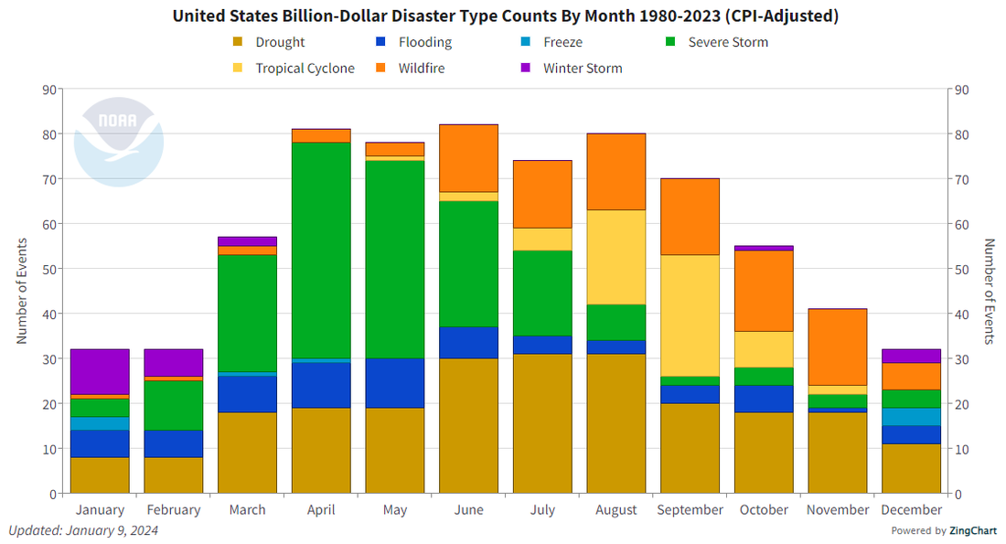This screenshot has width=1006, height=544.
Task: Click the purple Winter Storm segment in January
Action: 100,372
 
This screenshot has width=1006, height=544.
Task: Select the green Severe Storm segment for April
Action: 321,250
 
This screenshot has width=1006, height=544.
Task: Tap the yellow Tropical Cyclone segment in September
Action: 690,315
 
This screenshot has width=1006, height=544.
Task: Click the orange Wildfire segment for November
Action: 838,347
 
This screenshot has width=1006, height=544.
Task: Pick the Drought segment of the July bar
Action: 542,424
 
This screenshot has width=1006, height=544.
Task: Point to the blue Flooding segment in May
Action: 395,383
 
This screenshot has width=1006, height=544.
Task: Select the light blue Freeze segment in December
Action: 912,417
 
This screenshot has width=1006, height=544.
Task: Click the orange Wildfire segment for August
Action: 616,172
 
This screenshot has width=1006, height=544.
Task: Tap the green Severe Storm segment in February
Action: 174,405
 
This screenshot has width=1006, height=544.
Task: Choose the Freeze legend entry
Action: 562,42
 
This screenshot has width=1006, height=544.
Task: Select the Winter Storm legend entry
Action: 583,69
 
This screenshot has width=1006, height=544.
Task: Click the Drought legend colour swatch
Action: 238,42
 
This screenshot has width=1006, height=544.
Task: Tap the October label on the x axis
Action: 764,510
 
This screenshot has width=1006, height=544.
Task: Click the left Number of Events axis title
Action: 21,292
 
